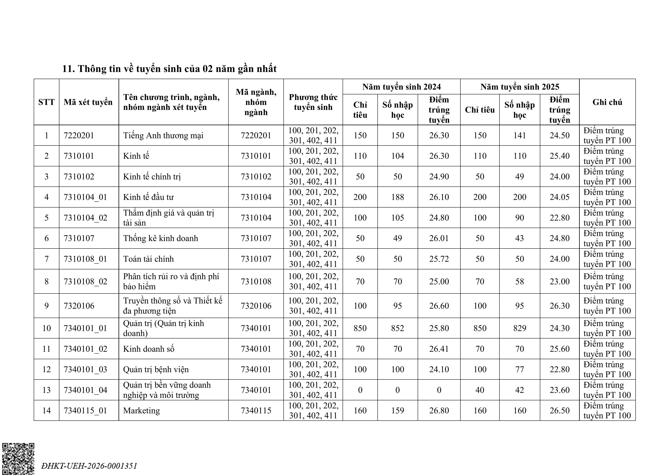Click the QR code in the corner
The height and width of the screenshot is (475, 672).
(x=18, y=459)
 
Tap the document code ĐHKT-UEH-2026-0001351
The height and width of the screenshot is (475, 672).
(x=89, y=466)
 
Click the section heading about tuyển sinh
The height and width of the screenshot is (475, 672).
(x=169, y=69)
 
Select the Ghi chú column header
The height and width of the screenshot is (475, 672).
(x=607, y=102)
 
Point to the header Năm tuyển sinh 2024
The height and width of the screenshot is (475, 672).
(x=401, y=87)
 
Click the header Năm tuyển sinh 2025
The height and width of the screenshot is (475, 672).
(x=520, y=87)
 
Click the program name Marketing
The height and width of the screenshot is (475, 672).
(x=142, y=411)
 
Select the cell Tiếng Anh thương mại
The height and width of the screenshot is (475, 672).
(x=163, y=136)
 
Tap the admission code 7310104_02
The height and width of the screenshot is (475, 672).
(x=85, y=218)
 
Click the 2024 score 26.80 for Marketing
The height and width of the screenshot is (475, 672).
(x=439, y=411)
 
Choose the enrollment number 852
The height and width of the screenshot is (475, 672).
(x=397, y=328)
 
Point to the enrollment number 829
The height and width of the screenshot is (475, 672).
(x=520, y=328)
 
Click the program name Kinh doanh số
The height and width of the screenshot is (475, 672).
(x=149, y=349)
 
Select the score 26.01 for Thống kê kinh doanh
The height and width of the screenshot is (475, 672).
(x=439, y=238)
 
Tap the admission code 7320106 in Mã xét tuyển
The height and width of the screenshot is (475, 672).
(x=79, y=306)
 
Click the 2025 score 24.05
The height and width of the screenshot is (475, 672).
(x=559, y=197)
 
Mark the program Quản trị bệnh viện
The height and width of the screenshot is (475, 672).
(x=156, y=369)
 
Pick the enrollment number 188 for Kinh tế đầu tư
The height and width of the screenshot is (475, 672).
(x=397, y=197)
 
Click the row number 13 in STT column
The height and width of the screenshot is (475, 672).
(x=47, y=390)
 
